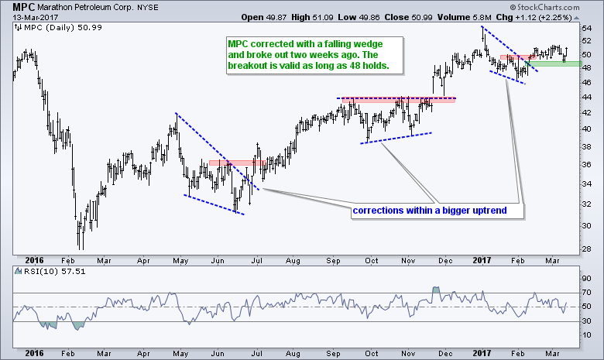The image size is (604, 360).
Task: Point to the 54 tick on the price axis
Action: [586, 28]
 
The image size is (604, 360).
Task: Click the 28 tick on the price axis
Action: [586, 248]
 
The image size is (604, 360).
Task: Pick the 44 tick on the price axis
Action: [586, 97]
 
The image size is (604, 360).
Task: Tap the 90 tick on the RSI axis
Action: [586, 278]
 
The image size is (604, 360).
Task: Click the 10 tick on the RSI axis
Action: [586, 335]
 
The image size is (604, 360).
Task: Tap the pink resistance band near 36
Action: [229, 163]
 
